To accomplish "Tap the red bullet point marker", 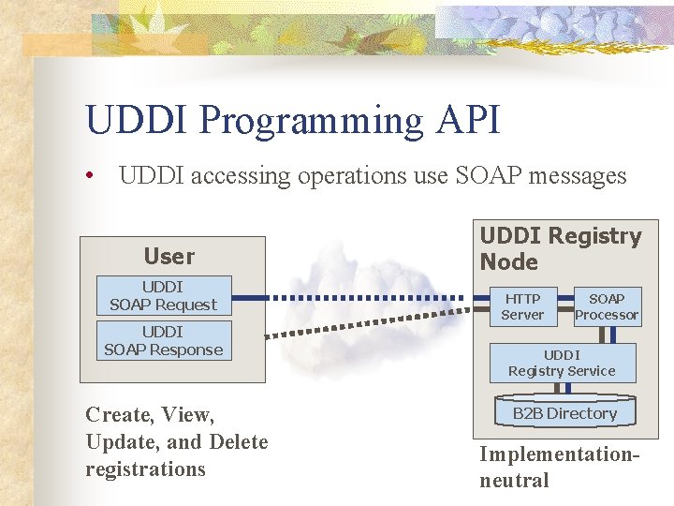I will pyautogui.click(x=90, y=176).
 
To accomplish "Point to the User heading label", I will pyautogui.click(x=169, y=256).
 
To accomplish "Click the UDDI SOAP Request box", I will pyautogui.click(x=163, y=296).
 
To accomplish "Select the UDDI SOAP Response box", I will pyautogui.click(x=163, y=341).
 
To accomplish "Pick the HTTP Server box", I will pyautogui.click(x=521, y=307).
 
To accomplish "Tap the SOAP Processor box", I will pyautogui.click(x=607, y=307).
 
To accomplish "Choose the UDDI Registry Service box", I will pyautogui.click(x=562, y=363).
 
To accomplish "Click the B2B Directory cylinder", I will pyautogui.click(x=564, y=413).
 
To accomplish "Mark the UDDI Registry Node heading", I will pyautogui.click(x=560, y=249).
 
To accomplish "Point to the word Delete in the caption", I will pyautogui.click(x=239, y=441).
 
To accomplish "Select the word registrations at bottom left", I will pyautogui.click(x=145, y=469).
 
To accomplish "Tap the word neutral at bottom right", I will pyautogui.click(x=514, y=481).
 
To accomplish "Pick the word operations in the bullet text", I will pyautogui.click(x=344, y=176).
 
